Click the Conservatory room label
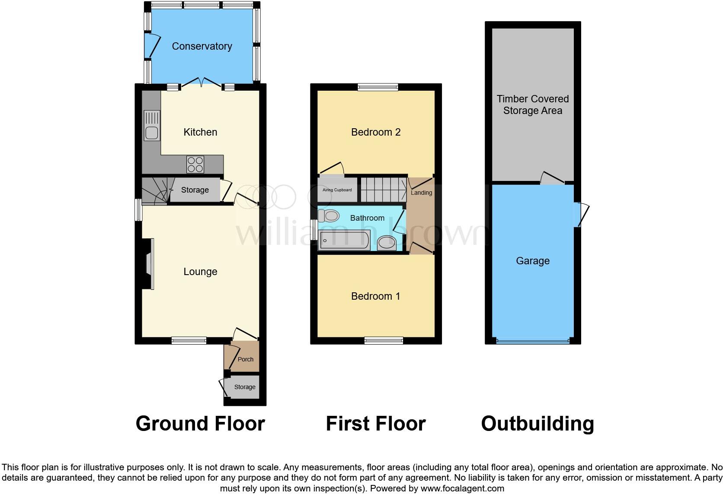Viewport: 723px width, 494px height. pos(202,46)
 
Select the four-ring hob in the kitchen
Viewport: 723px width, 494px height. pos(195,164)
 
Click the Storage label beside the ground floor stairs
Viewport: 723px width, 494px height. pos(195,190)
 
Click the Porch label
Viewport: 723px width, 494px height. pos(245,359)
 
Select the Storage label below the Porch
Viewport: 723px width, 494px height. pos(245,387)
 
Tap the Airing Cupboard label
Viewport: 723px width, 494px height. pos(337,190)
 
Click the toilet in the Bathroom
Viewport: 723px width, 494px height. pos(331,215)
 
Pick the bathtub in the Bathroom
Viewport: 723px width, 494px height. pos(344,240)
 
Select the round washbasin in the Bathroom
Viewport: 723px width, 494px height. pos(386,244)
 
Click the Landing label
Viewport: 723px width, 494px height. pos(421,193)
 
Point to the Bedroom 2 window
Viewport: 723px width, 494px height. pos(378,87)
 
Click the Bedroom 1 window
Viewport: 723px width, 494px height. pos(384,341)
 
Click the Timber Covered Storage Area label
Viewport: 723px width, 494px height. pos(532,104)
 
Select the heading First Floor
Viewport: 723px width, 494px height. pos(375,424)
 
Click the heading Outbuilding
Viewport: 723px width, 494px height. pos(537,424)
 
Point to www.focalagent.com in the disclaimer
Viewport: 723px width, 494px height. pos(462,488)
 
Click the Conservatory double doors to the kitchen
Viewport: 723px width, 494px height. pos(201,82)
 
